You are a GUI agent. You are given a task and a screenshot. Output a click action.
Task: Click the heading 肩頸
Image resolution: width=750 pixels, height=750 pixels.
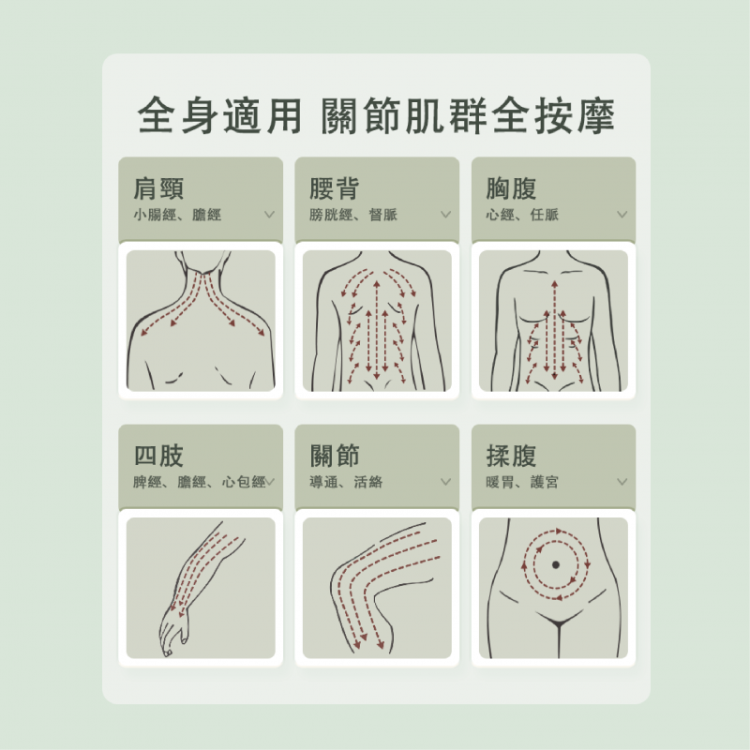158,188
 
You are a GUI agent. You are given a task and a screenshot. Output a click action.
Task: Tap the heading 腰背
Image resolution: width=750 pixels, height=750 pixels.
335,188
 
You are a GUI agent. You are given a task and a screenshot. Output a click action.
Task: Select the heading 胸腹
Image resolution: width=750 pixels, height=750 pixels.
511,188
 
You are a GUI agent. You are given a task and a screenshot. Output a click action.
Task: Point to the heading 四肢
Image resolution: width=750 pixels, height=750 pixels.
158,456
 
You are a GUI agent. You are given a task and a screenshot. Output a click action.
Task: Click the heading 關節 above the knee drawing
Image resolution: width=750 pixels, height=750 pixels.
335,456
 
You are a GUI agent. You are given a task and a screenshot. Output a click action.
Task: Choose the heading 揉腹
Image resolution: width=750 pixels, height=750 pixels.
511,456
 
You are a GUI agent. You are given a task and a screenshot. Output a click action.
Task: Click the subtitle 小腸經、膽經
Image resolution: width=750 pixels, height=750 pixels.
177,215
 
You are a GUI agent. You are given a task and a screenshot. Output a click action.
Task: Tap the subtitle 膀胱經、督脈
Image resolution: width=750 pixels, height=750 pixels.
353,215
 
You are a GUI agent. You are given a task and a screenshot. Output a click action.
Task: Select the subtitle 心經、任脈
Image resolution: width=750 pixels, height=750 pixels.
522,215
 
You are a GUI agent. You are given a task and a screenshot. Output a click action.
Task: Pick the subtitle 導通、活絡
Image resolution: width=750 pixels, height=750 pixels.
346,482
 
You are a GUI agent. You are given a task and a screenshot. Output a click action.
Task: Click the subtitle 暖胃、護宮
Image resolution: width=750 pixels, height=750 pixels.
522,482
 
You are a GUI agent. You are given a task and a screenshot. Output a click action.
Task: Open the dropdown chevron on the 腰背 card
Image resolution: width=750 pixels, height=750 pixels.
446,215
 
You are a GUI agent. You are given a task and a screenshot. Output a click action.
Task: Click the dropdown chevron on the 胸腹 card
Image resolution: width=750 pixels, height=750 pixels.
622,215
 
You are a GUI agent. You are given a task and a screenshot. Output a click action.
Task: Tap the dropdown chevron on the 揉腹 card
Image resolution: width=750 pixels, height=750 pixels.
622,482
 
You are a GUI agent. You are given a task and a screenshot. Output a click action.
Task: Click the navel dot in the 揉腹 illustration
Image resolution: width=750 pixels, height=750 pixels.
555,565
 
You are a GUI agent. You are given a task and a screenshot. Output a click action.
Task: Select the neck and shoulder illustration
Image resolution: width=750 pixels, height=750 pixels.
201,321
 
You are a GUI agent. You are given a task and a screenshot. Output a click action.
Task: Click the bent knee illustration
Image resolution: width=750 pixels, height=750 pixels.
377,588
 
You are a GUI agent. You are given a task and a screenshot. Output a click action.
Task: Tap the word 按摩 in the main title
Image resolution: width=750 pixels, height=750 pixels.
575,115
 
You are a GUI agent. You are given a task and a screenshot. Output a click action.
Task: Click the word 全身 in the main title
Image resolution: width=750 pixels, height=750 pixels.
177,115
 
